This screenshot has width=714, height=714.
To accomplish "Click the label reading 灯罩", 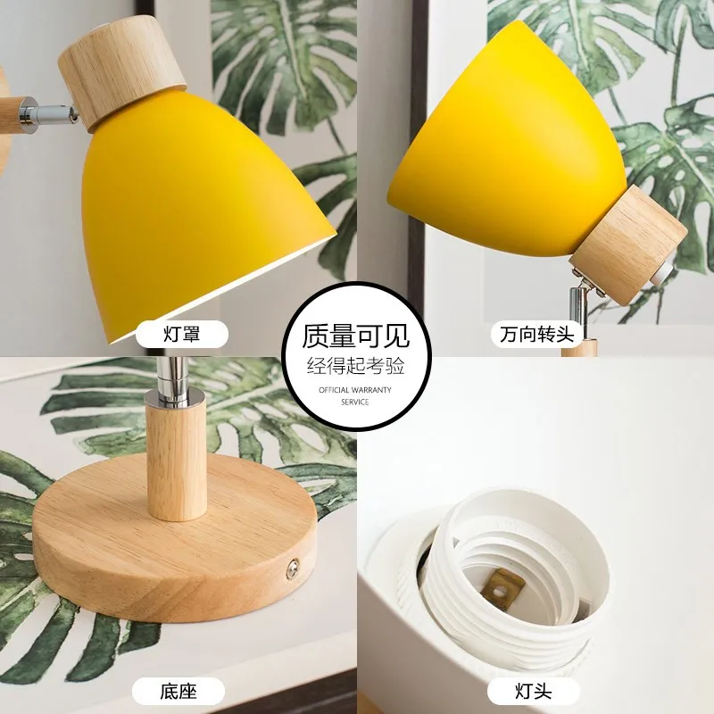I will pyautogui.click(x=181, y=335).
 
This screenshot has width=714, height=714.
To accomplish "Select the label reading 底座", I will pyautogui.click(x=178, y=690).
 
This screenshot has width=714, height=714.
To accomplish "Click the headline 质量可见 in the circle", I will pyautogui.click(x=356, y=336).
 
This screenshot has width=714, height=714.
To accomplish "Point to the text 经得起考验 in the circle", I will pyautogui.click(x=356, y=366).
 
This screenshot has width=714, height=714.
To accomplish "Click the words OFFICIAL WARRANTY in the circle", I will pyautogui.click(x=356, y=390).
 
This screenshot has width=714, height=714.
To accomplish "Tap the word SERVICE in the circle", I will pyautogui.click(x=356, y=402).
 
